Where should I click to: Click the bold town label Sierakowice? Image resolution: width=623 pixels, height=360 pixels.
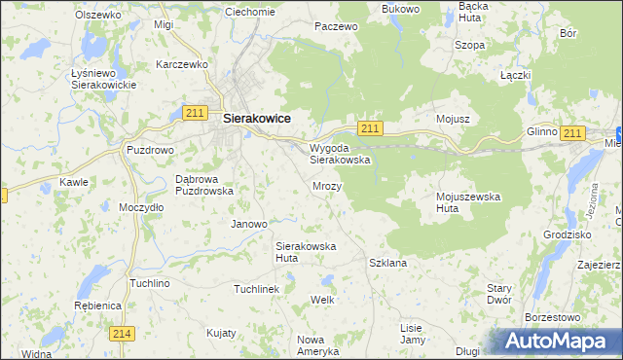pos(257,118)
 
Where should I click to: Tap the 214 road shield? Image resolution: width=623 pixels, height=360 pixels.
pos(122,334)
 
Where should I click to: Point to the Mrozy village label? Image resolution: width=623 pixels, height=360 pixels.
pos(327,185)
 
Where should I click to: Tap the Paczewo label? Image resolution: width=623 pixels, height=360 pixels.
pos(336,26)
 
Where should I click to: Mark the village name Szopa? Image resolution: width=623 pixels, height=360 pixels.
pos(469,45)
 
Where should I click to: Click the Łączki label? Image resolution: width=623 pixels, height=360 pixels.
pos(514,75)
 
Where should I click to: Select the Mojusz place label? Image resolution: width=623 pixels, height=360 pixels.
pos(453,119)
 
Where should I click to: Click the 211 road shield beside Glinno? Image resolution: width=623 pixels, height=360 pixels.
pos(572,133)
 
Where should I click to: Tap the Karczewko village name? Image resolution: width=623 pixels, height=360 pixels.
pos(183,64)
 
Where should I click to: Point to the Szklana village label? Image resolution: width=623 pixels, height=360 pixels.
pos(388,263)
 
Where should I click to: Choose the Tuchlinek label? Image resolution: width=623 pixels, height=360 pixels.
pos(257,289)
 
